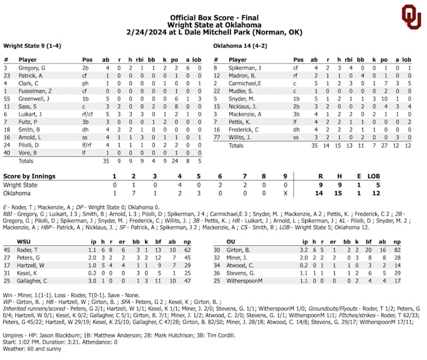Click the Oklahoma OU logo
411,17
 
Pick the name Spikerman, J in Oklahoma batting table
246,68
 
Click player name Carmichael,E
246,82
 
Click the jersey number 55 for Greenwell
7,98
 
